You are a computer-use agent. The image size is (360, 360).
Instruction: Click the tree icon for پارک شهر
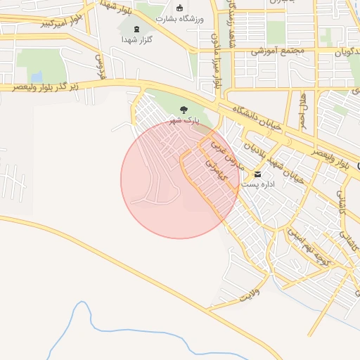click(184, 110)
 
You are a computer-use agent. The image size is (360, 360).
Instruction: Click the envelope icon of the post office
click(257, 174)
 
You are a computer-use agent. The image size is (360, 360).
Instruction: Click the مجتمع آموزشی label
click(281, 51)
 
